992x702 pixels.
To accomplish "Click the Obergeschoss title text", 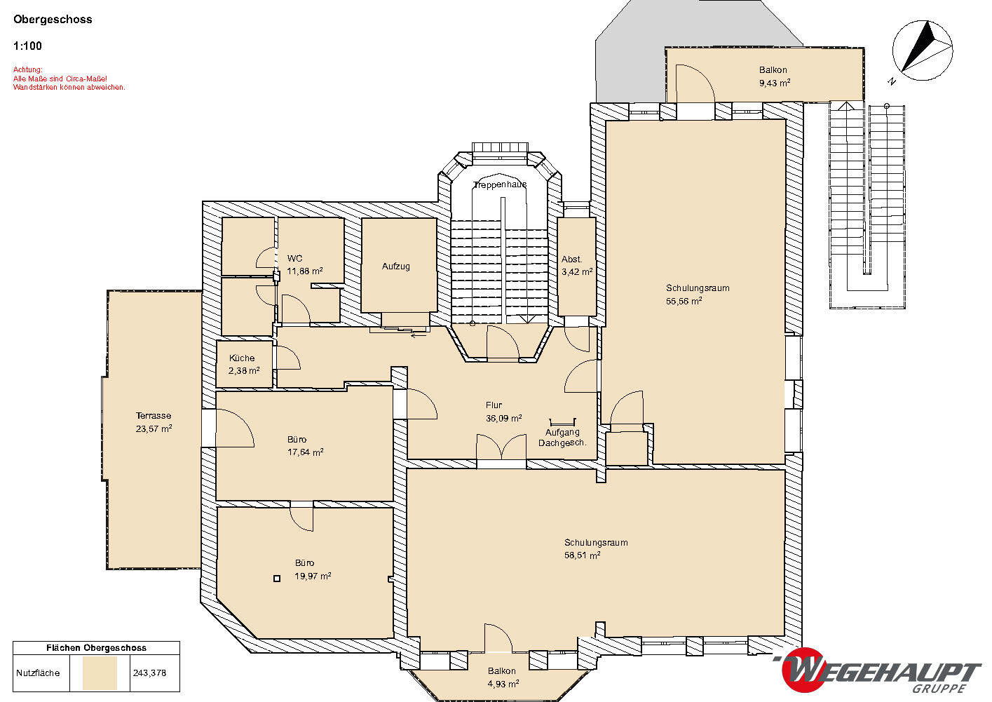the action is (x=53, y=20).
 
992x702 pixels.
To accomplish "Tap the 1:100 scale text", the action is (x=27, y=46).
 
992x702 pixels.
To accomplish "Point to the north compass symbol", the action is (x=923, y=50).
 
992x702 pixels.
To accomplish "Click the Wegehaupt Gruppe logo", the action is (x=879, y=670).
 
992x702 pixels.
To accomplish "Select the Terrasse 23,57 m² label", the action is (x=154, y=422).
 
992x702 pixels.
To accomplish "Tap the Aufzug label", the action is (x=396, y=266).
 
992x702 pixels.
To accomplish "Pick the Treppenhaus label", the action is (x=500, y=184).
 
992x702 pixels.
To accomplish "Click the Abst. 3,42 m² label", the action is (x=577, y=265).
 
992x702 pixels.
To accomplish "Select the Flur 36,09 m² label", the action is (x=503, y=412).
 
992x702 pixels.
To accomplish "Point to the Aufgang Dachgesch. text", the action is (x=562, y=438).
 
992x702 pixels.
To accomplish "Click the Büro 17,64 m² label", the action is (x=305, y=445).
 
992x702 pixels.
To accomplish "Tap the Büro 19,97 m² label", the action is (x=313, y=569).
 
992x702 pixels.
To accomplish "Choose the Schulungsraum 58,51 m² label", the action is (x=596, y=548).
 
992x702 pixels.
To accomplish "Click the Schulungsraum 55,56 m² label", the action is (x=698, y=295).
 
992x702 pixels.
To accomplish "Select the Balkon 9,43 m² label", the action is (x=775, y=76).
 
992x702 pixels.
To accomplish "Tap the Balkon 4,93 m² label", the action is (x=503, y=677).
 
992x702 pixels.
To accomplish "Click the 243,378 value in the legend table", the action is (x=149, y=673).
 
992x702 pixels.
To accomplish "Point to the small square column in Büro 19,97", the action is (x=277, y=579).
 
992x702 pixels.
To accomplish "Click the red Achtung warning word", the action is (x=27, y=69).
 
